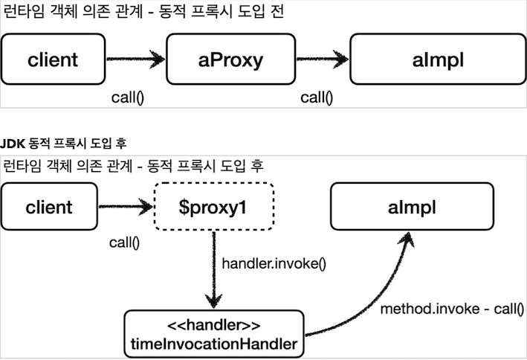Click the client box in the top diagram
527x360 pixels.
click(x=53, y=60)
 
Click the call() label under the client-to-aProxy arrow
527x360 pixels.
click(x=127, y=97)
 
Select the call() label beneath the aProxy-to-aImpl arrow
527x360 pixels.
click(x=317, y=97)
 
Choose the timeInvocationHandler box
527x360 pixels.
click(x=214, y=334)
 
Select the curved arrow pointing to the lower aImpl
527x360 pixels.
click(x=372, y=298)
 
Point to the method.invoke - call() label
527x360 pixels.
click(x=452, y=308)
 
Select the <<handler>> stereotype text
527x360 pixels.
click(x=214, y=326)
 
